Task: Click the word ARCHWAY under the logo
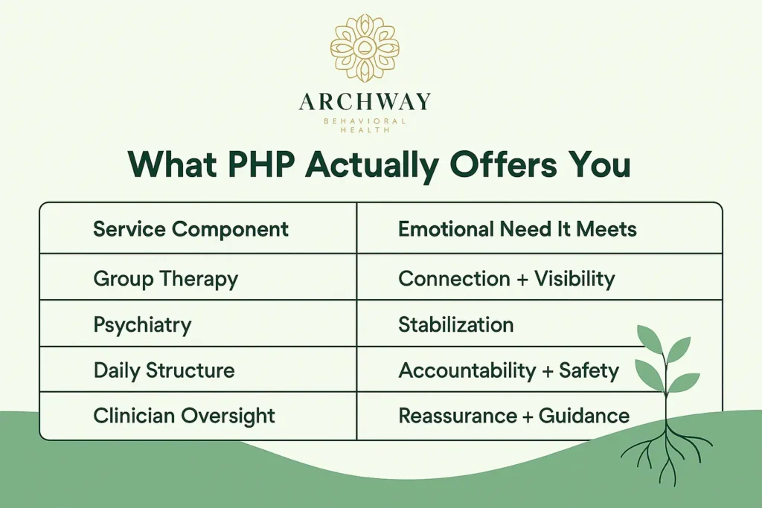[x=365, y=102]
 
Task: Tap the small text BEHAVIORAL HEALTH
[x=365, y=125]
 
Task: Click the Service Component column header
[x=190, y=229]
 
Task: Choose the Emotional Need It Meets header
[x=517, y=229]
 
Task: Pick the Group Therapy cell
[x=165, y=279]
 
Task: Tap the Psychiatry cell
[x=142, y=325]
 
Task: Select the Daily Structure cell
[x=164, y=370]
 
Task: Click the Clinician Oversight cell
[x=184, y=416]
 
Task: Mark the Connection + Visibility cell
[x=506, y=279]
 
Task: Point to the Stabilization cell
[x=455, y=325]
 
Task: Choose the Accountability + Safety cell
[x=508, y=370]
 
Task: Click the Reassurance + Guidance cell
[x=513, y=416]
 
